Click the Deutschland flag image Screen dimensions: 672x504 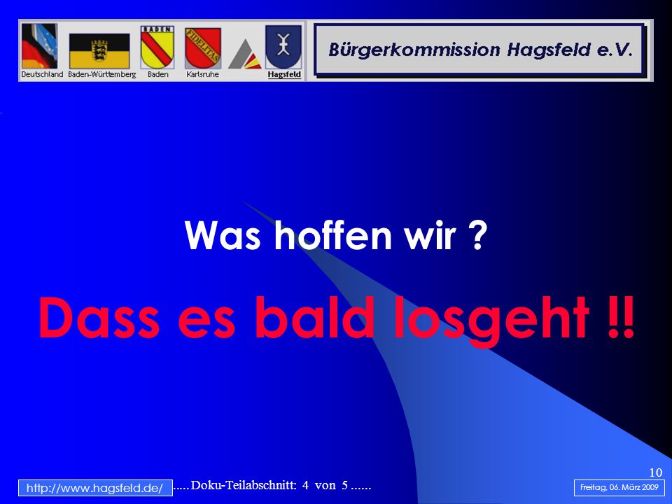[39, 46]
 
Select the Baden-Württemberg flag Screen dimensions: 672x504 [99, 51]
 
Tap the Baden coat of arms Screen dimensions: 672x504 [157, 47]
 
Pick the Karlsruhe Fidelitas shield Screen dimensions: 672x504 [203, 48]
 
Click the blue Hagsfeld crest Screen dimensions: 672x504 [283, 47]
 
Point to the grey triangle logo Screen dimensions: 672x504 [244, 55]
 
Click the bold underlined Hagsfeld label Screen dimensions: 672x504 [284, 75]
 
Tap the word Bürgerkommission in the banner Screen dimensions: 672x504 [414, 50]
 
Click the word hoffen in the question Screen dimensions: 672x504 [332, 235]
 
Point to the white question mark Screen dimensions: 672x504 [477, 235]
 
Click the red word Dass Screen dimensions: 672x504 [99, 317]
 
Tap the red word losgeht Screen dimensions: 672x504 [491, 321]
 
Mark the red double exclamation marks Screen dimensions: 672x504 [621, 317]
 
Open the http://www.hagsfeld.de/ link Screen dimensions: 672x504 [95, 488]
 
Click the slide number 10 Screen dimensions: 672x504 [656, 472]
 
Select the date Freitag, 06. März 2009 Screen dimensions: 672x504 [619, 488]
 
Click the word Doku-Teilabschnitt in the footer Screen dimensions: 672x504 [244, 485]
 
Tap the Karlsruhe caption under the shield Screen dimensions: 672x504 [202, 75]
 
